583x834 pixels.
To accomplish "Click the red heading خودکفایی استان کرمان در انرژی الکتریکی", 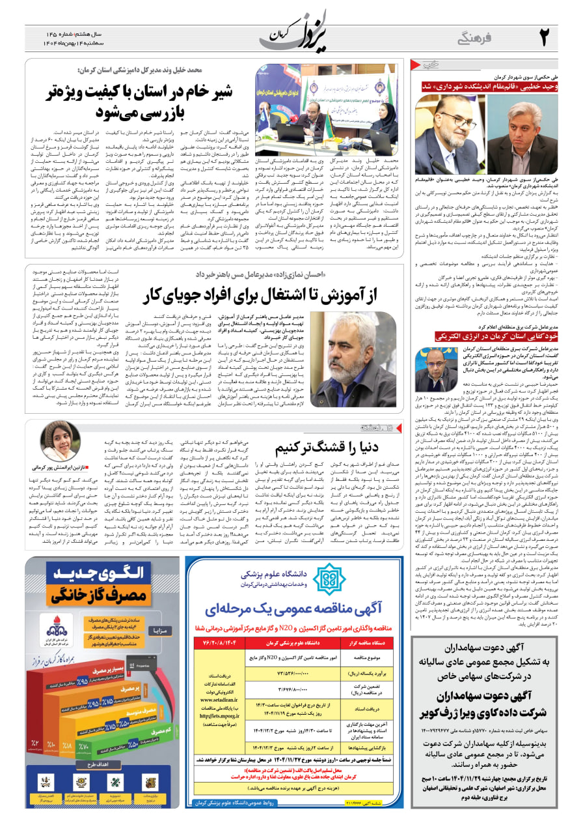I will point(483,337).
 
